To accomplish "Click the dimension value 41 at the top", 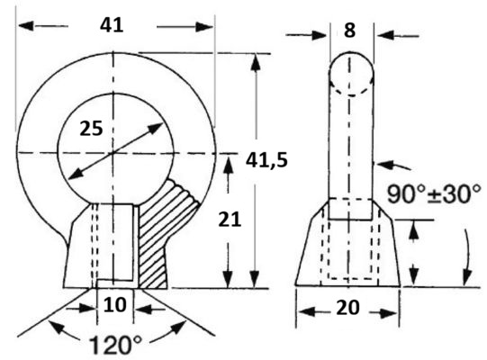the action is coord(112,25).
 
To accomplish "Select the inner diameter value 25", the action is coord(91,129).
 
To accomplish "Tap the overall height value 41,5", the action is coord(266,161).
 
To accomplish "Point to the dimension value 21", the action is coord(230,220).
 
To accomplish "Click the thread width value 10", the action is coord(115,305).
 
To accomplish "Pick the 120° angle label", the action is coord(115,345).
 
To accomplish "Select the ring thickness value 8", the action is coord(349,31).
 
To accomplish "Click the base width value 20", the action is coord(347,308).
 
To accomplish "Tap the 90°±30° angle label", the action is coord(434,194).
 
